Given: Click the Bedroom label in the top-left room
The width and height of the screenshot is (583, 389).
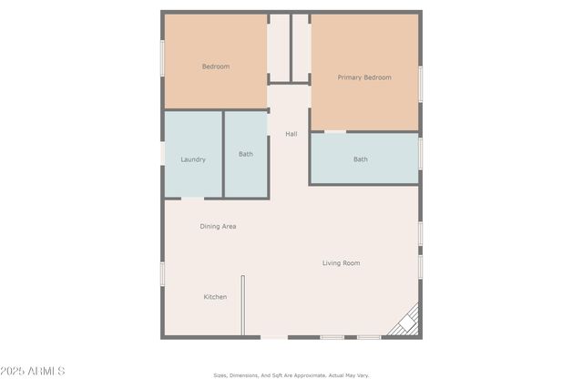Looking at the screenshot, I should point(216,67).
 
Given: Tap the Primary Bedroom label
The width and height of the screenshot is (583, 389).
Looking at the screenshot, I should point(364,77).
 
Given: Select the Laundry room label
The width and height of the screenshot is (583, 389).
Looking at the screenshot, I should point(193,159).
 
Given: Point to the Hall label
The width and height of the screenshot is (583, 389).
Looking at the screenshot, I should point(291,134).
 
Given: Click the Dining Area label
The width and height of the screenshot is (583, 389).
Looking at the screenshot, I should point(219,226).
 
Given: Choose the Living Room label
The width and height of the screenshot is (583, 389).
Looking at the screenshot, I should point(342,263).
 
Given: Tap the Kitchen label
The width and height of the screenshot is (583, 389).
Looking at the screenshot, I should point(215,297).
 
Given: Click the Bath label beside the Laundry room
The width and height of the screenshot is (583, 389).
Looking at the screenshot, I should point(246,154).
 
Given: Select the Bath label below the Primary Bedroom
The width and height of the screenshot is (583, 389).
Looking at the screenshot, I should point(361,159).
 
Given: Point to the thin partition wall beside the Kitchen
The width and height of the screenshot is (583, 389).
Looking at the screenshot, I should point(242,306).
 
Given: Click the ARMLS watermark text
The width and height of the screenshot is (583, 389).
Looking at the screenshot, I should point(33,372).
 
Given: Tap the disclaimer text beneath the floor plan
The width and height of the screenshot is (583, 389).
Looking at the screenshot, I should point(291,375).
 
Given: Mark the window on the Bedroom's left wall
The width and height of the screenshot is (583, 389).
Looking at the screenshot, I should point(163,58).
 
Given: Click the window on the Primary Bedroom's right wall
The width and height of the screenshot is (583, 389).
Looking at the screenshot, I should point(420,83).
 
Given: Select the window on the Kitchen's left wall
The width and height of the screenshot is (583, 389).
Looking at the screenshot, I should point(163,273).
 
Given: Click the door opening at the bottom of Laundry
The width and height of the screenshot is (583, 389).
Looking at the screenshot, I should point(193,198).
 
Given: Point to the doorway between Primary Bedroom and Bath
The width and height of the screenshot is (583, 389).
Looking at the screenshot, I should point(335,131).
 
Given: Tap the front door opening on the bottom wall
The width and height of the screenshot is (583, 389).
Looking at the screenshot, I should point(274,338).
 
